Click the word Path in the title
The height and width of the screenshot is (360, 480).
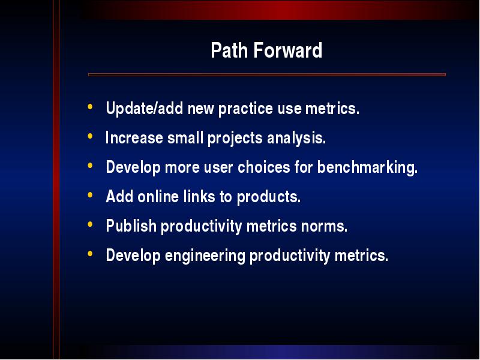(229, 50)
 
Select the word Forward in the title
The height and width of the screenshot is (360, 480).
(288, 50)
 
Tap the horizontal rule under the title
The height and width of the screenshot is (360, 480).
(267, 74)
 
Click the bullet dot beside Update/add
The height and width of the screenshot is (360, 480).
(90, 107)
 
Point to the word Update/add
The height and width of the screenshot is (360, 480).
(145, 109)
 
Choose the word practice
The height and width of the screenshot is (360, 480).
(245, 109)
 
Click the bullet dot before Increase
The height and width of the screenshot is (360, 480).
(90, 136)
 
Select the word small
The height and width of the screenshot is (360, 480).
(185, 138)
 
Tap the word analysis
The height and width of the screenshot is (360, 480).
(296, 139)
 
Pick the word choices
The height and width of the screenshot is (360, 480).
(264, 167)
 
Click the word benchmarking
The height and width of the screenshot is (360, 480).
(367, 168)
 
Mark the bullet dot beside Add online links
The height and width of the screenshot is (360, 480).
(90, 194)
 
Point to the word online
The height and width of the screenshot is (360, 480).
(158, 197)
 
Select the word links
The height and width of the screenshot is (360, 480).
(199, 197)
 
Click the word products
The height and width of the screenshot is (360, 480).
(269, 197)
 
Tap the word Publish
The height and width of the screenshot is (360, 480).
(131, 226)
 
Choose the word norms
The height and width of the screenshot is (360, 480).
(324, 227)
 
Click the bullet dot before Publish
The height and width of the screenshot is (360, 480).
(90, 224)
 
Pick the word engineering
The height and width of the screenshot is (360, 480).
(205, 256)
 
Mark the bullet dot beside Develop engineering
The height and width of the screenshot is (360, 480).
(90, 253)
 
